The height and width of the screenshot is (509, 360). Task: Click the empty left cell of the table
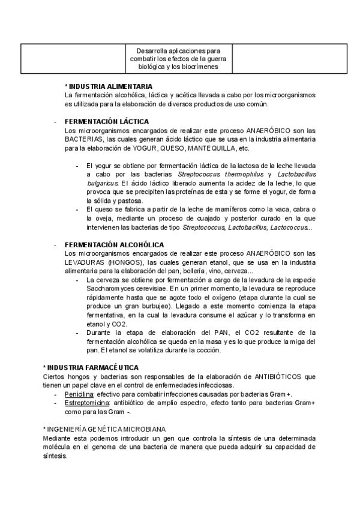72,58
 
